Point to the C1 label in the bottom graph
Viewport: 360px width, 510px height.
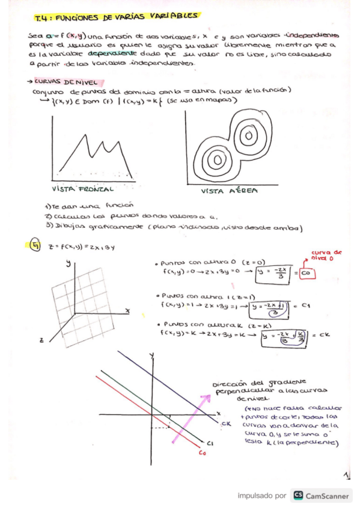[210, 444]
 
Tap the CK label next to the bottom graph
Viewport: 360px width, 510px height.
[227, 425]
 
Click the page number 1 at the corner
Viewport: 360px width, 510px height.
[347, 475]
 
